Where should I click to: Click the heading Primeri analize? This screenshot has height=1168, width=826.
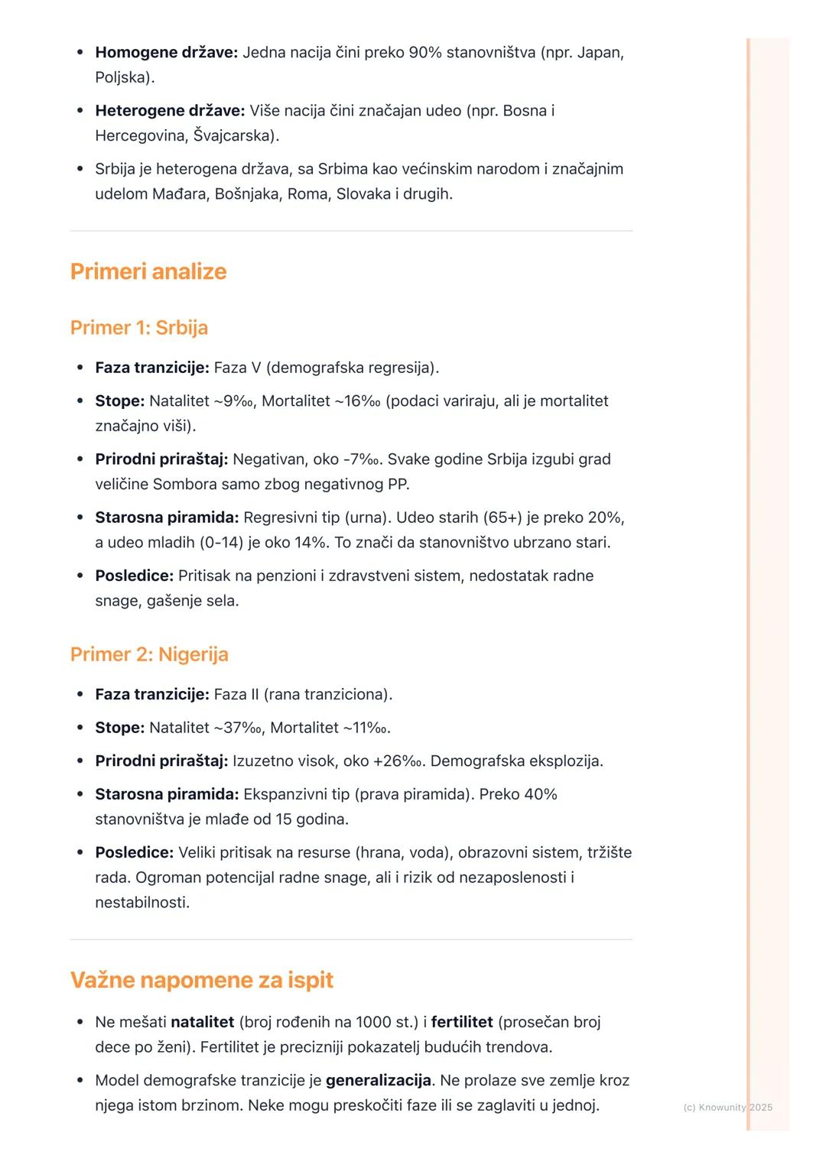tap(148, 271)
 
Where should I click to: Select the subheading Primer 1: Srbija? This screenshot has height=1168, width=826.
tap(139, 328)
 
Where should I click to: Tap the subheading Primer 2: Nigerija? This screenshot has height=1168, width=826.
tap(149, 654)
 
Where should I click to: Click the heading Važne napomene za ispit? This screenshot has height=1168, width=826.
tap(202, 980)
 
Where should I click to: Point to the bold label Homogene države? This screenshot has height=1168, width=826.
tap(167, 53)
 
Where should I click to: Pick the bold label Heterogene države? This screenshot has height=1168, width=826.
tap(170, 111)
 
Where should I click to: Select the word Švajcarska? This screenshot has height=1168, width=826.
tap(232, 136)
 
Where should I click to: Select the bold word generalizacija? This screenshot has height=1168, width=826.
tap(379, 1081)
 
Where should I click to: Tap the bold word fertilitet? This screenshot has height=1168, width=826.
tap(462, 1022)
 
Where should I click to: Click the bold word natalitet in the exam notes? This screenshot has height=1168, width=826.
tap(202, 1022)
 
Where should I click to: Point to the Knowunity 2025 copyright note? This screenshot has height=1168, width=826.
tap(727, 1107)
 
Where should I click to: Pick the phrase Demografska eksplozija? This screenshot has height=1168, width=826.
tap(517, 761)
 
